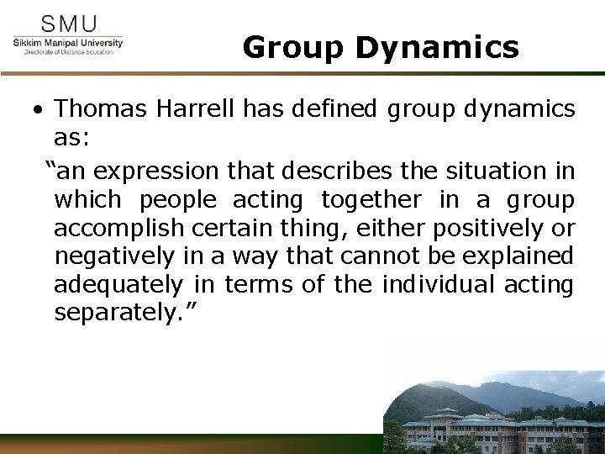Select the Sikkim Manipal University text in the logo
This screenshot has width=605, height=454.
coord(68,42)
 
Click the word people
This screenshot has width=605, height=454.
coord(176,201)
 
